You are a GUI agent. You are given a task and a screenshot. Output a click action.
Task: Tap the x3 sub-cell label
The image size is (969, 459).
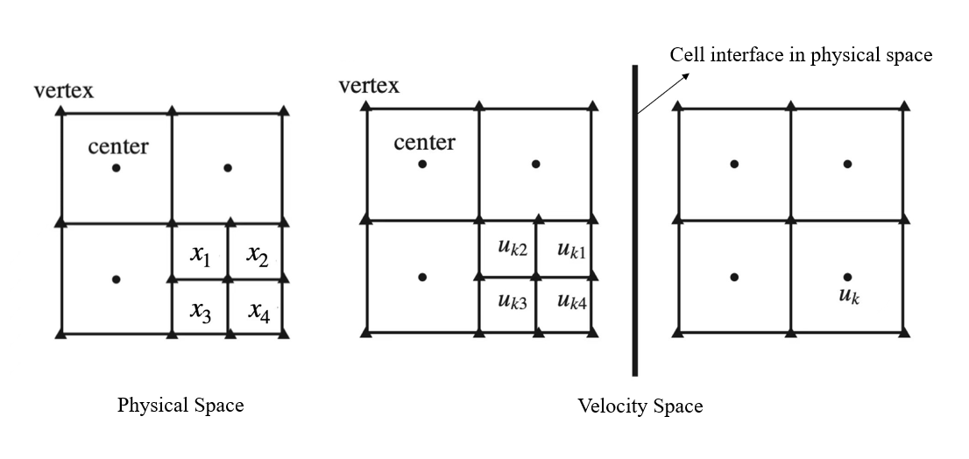pos(201,311)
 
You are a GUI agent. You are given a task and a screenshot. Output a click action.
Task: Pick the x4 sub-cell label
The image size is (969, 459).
pos(258,311)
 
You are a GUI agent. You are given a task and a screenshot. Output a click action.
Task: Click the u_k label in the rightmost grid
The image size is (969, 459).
pos(849,295)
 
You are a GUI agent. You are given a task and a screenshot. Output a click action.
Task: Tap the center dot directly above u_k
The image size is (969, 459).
pos(847,164)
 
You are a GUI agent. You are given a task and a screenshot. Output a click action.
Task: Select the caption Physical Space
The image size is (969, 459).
pos(180,405)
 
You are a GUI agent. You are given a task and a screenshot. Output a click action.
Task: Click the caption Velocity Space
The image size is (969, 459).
pos(640,406)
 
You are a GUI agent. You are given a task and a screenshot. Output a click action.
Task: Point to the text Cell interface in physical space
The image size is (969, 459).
pos(801,54)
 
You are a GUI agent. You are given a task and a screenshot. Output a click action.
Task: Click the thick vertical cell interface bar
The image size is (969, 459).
pos(634,219)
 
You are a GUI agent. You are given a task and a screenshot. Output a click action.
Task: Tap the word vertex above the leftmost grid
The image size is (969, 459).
pos(64,90)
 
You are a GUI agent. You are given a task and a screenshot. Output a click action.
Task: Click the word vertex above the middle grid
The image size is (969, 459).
pos(369,85)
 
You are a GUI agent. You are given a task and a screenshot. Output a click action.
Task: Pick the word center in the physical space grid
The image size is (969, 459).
pos(118,146)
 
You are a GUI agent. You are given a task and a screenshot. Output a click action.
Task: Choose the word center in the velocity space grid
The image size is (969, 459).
pos(424,143)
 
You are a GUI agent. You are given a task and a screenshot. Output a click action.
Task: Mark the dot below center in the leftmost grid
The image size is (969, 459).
pos(116,167)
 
